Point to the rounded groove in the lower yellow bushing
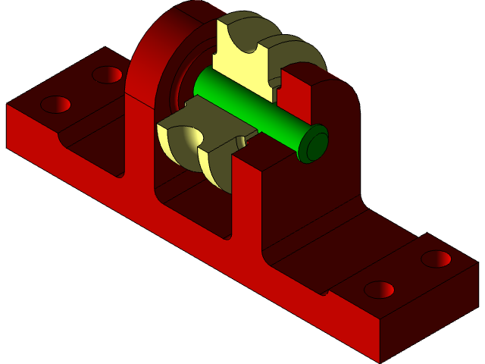[191, 137]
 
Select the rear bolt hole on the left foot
[108, 74]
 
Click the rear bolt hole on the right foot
[436, 259]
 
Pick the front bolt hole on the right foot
[379, 290]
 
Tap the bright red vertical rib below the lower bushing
[246, 205]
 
